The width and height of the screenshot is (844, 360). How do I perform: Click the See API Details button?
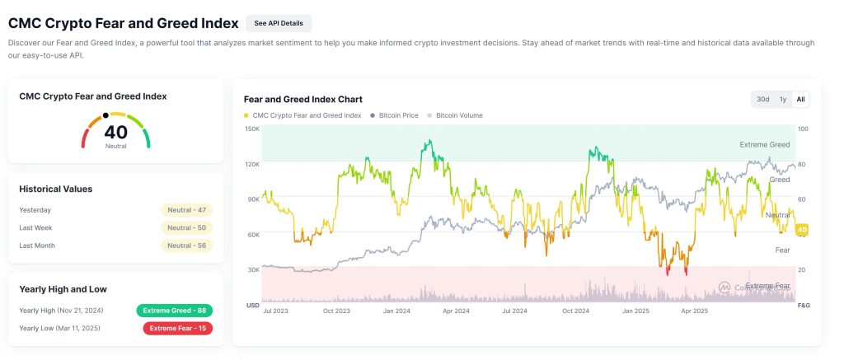(x=279, y=23)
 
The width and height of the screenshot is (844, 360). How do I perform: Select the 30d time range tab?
(x=762, y=99)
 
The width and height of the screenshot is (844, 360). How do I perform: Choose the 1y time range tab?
(x=782, y=99)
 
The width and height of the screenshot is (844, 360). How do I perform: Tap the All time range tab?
(x=800, y=99)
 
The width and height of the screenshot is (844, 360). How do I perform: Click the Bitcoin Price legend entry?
(x=398, y=115)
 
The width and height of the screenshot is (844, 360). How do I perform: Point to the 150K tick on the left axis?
(x=252, y=129)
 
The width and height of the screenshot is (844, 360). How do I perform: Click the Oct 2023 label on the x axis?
(x=335, y=311)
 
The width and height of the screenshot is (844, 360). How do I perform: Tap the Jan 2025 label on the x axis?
(x=635, y=311)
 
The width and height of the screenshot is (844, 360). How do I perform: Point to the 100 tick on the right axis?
(x=803, y=129)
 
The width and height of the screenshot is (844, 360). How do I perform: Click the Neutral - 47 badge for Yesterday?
(x=186, y=210)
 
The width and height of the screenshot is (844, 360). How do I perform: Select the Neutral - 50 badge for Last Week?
(x=186, y=227)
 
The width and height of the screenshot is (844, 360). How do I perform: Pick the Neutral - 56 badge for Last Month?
(x=186, y=245)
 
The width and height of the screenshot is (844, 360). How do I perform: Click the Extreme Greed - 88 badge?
(x=175, y=311)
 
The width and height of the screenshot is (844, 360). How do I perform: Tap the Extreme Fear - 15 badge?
(x=177, y=328)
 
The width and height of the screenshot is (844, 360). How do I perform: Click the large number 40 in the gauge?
(x=116, y=132)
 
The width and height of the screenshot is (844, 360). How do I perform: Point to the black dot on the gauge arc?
(x=105, y=115)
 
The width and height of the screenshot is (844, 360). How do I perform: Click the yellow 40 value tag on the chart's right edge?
(x=802, y=229)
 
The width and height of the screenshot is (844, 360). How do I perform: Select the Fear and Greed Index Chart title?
(x=303, y=99)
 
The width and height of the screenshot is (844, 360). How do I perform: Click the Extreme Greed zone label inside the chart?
(x=764, y=144)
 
